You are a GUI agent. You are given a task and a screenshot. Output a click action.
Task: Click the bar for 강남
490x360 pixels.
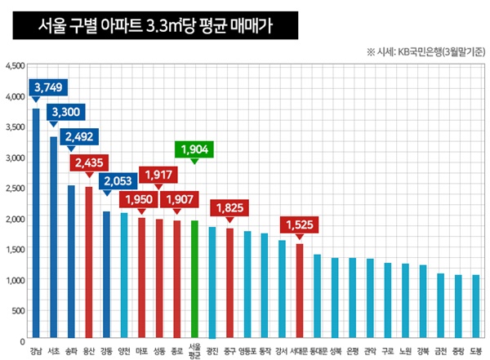36,224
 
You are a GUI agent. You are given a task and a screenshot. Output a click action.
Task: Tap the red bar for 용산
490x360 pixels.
89,262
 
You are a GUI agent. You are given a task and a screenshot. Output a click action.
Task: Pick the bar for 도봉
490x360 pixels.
476,307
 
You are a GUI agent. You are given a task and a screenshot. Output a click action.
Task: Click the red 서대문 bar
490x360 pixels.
300,291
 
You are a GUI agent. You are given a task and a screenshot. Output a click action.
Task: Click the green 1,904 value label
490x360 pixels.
194,149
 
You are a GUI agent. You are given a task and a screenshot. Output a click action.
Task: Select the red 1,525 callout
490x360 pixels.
299,222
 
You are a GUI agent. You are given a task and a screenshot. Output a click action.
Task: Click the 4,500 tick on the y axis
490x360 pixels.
16,66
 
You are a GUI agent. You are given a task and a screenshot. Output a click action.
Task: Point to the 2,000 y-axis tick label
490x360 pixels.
16,219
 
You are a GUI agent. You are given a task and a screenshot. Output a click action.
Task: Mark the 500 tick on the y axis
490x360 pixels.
19,311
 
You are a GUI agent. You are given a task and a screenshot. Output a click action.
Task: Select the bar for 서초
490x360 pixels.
54,238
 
